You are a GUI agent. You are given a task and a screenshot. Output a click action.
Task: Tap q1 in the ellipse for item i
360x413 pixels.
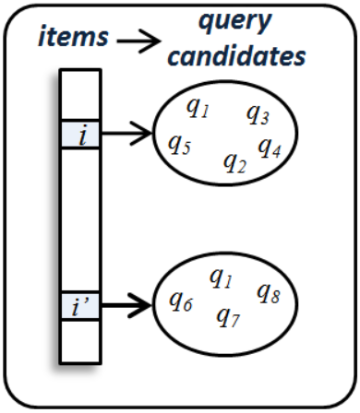tap(198, 109)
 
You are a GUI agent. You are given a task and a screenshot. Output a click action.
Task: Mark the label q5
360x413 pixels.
tap(179, 144)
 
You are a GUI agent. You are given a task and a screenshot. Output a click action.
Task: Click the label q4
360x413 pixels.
tap(269, 147)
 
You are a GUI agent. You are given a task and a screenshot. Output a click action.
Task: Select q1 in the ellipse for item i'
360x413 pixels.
tap(221, 277)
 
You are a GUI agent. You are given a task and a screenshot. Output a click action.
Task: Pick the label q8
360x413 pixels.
tap(268, 293)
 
